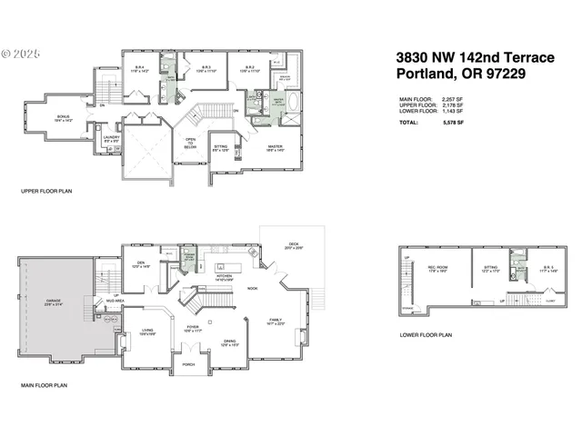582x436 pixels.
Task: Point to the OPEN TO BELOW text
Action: [191, 143]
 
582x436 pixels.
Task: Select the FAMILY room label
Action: [276, 321]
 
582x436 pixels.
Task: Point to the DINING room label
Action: [230, 342]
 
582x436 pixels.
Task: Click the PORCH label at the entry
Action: [188, 365]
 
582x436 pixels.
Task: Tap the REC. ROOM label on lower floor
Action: [437, 268]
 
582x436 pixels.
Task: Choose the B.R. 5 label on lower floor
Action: [547, 268]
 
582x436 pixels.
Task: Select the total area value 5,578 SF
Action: [454, 122]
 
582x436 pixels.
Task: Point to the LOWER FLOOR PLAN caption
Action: [426, 335]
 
